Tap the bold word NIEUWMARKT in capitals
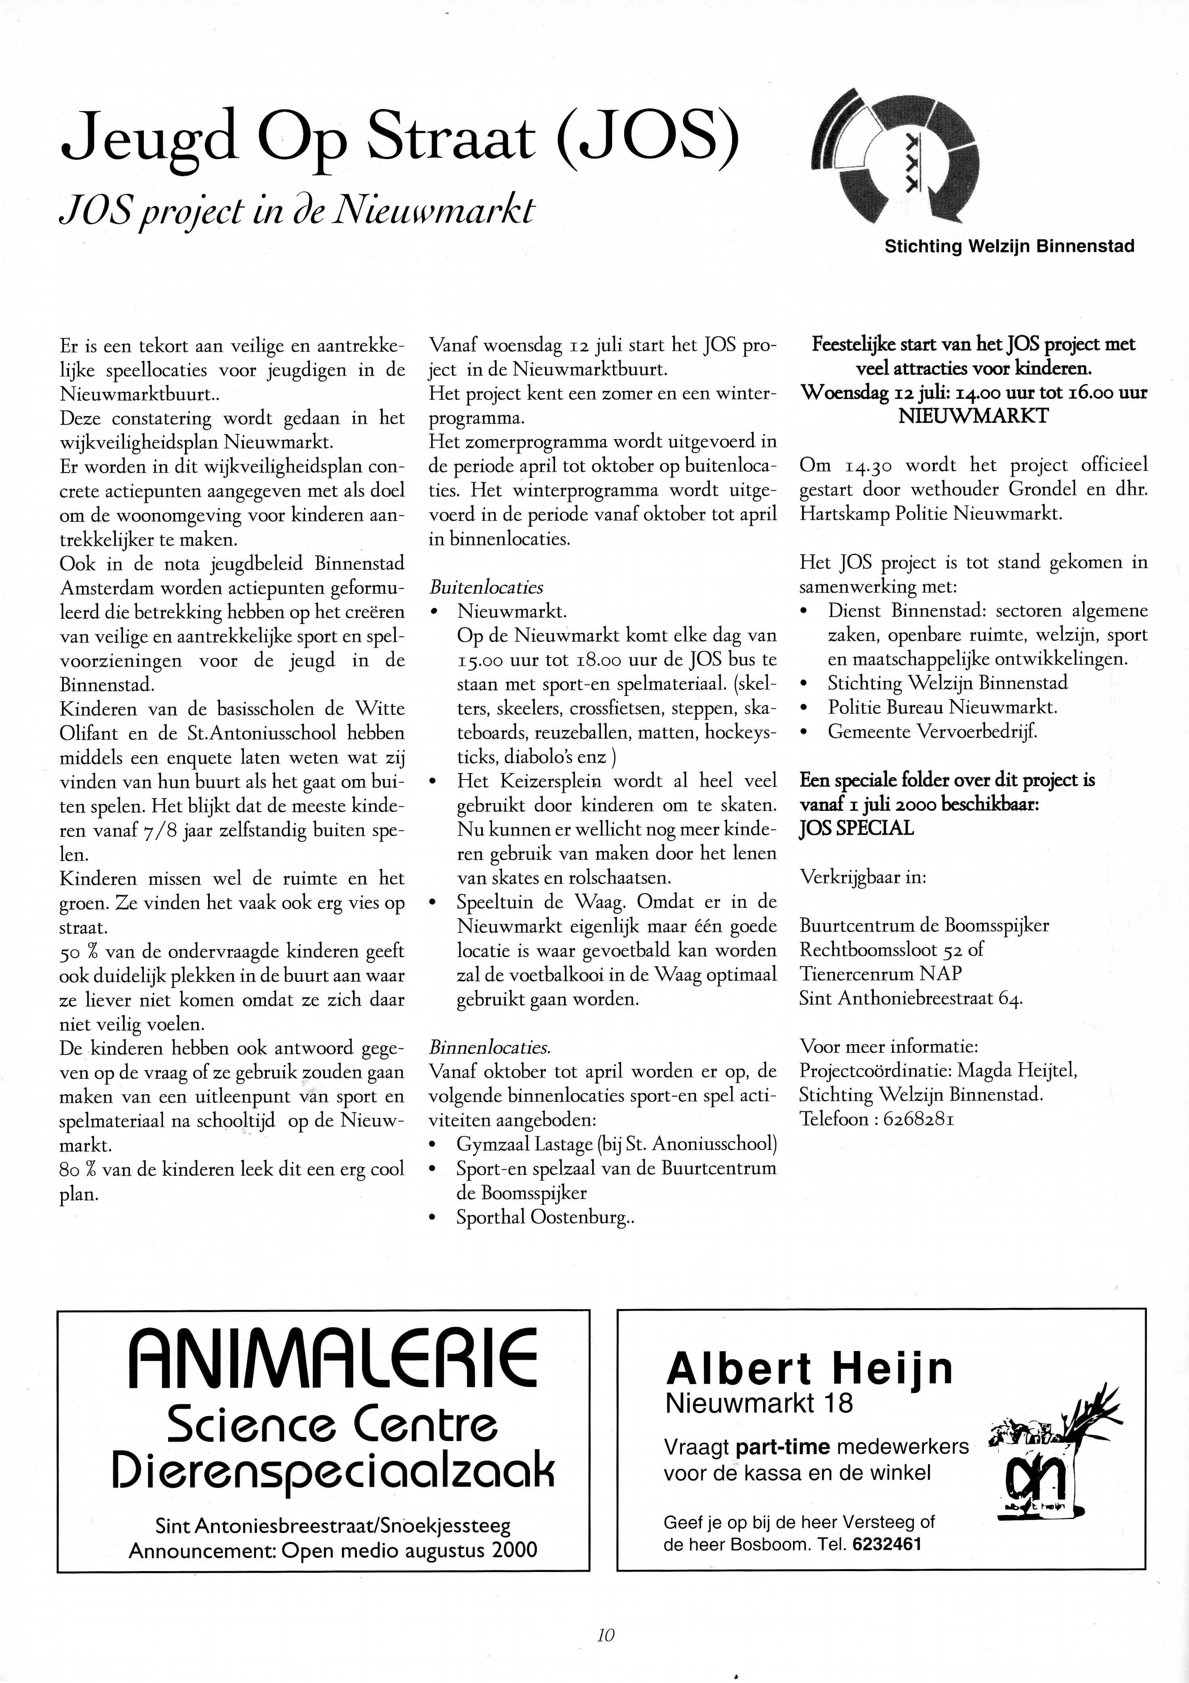974,416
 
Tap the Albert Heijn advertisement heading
809,1368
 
